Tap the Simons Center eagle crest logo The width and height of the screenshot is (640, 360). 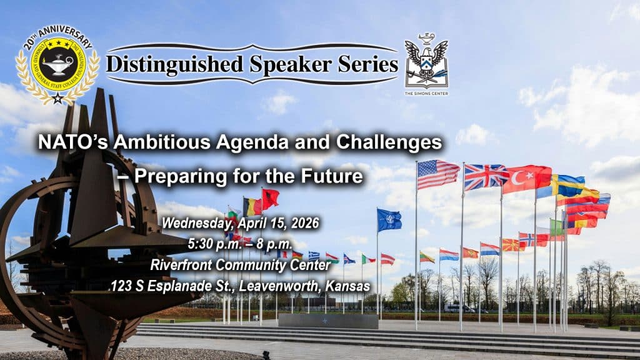pyautogui.click(x=426, y=60)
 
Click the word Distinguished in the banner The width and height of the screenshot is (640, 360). pyautogui.click(x=168, y=64)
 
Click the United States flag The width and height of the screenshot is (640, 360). pyautogui.click(x=437, y=173)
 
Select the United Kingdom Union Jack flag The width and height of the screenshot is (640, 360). pyautogui.click(x=486, y=176)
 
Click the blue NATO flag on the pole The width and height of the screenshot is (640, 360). pyautogui.click(x=389, y=220)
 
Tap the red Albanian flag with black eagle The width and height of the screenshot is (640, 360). pyautogui.click(x=271, y=199)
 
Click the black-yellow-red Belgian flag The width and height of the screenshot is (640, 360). pyautogui.click(x=252, y=206)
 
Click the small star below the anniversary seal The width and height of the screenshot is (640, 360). pyautogui.click(x=57, y=98)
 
